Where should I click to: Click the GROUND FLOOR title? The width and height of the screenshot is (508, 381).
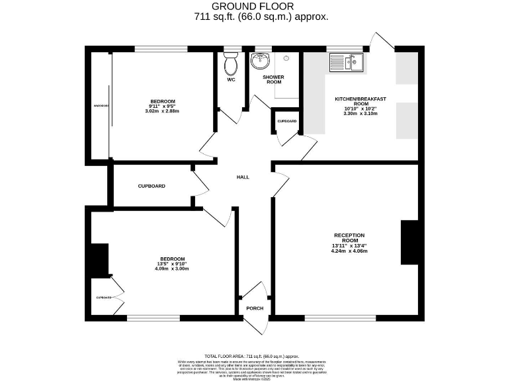pyautogui.click(x=253, y=7)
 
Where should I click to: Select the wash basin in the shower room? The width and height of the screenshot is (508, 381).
pyautogui.click(x=261, y=61)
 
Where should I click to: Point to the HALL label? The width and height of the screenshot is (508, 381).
pyautogui.click(x=243, y=177)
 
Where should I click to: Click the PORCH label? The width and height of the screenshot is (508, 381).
pyautogui.click(x=255, y=308)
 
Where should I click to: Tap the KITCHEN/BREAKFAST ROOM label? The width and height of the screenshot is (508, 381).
pyautogui.click(x=360, y=101)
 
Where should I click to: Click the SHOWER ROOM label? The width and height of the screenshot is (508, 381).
pyautogui.click(x=273, y=80)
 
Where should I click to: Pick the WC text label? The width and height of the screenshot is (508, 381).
pyautogui.click(x=231, y=80)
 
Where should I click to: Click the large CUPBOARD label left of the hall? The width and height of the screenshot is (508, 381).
pyautogui.click(x=151, y=186)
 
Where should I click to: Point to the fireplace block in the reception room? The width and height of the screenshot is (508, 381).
pyautogui.click(x=409, y=243)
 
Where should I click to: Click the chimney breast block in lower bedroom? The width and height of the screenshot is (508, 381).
pyautogui.click(x=99, y=260)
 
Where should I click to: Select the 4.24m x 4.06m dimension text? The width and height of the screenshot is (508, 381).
pyautogui.click(x=349, y=252)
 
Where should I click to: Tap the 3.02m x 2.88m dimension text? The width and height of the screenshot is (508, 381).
pyautogui.click(x=162, y=110)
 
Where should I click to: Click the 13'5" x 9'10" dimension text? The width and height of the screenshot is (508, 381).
pyautogui.click(x=172, y=264)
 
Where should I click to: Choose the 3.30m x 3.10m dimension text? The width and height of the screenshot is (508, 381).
pyautogui.click(x=360, y=114)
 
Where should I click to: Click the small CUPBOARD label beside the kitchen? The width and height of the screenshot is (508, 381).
pyautogui.click(x=287, y=121)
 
